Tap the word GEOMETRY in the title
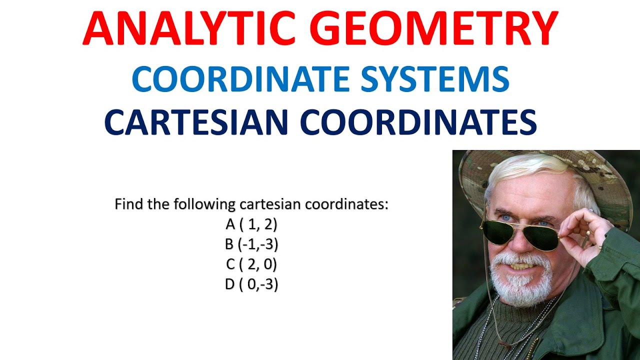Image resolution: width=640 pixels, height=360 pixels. coord(439,28)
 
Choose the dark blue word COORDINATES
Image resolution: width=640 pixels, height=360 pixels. coord(420,122)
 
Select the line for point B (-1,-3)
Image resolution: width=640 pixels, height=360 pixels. coord(251,244)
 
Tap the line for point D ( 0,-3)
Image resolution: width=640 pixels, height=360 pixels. coord(251,284)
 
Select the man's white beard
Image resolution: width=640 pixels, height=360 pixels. coord(520,285)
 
